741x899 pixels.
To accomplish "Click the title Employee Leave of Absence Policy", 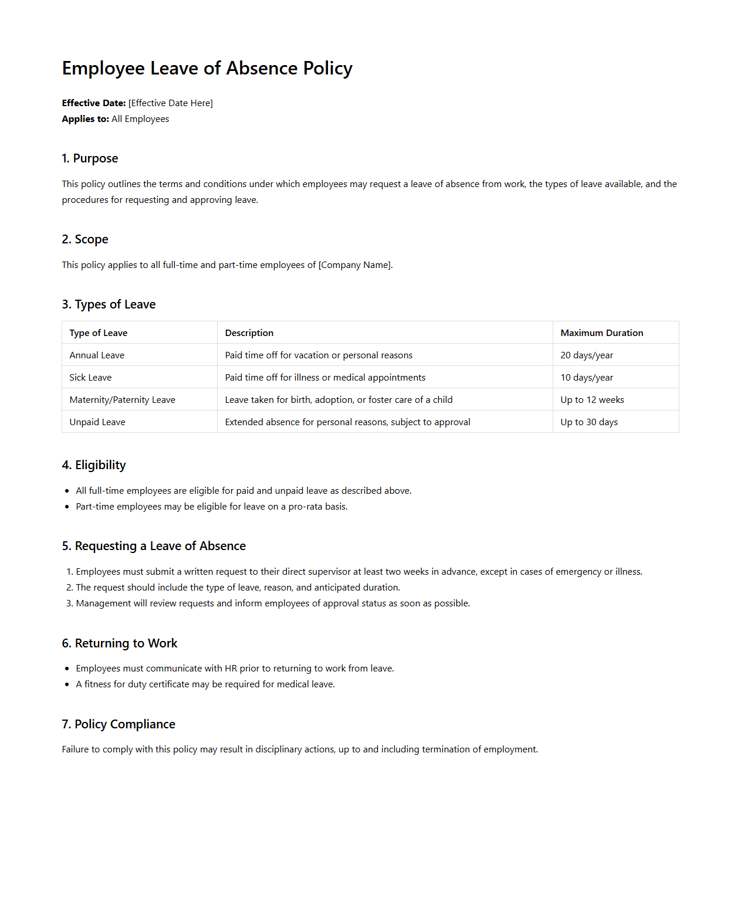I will coord(207,69).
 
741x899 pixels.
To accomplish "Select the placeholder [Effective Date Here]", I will coord(171,103).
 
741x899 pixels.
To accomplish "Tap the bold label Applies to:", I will coord(85,119).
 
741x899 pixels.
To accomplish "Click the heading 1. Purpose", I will coord(90,158).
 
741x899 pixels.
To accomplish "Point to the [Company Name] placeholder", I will coord(355,265).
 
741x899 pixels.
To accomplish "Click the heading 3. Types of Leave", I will coord(109,304).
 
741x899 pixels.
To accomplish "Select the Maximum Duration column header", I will coord(601,333).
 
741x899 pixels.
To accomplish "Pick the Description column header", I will coord(249,333).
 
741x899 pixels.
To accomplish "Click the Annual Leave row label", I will coord(97,355).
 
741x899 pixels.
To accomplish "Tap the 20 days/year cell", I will coord(586,355).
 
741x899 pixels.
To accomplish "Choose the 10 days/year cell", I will coord(586,378).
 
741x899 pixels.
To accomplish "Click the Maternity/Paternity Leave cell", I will coord(122,400).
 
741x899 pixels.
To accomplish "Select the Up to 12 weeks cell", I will coord(592,400).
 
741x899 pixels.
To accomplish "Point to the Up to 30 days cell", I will coord(588,422).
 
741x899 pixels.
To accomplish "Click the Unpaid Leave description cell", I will coord(347,422).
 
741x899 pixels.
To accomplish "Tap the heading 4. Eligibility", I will coord(94,465).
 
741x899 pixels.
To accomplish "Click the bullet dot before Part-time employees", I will coord(67,507).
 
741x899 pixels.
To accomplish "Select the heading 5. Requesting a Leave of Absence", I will coord(154,546).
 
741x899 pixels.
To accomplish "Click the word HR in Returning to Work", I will coord(231,669).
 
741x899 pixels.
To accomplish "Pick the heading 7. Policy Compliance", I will coord(119,724).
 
